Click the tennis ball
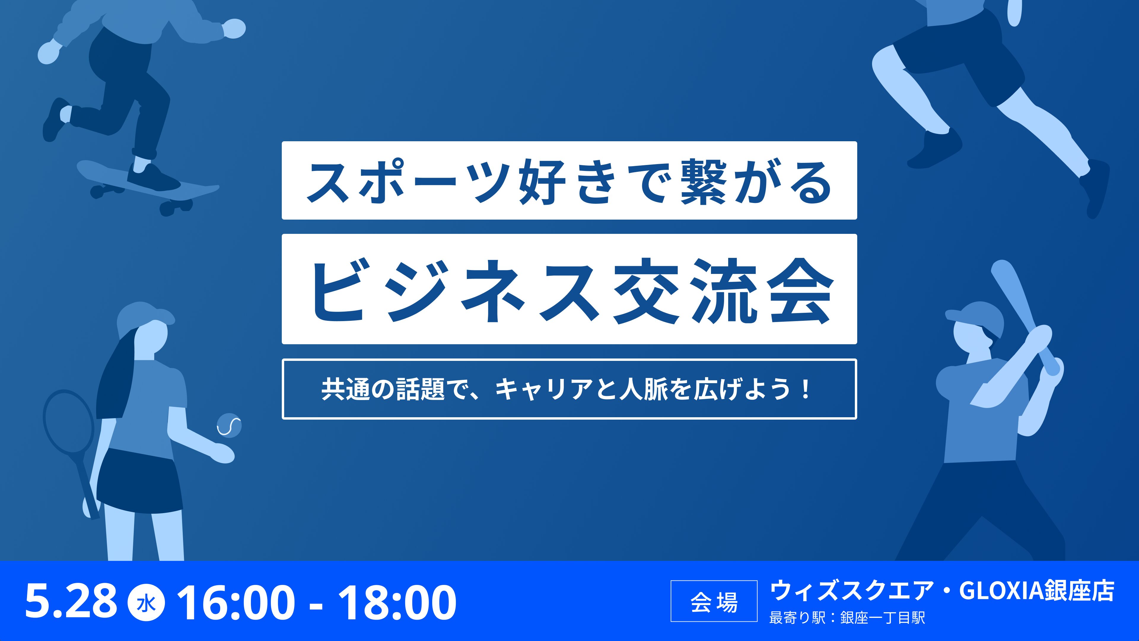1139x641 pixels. click(229, 425)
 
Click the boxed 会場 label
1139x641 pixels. click(714, 601)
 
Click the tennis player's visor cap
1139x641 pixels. click(144, 315)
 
